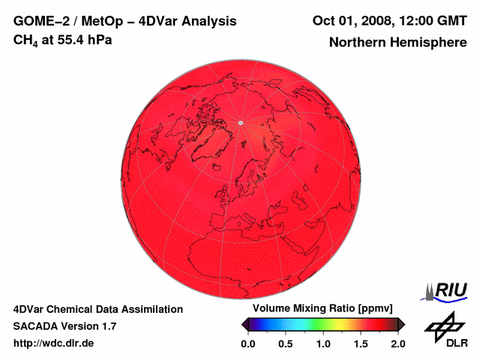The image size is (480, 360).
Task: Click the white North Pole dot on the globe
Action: (241, 122)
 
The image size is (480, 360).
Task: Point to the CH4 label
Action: (25, 40)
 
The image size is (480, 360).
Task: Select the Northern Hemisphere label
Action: (397, 43)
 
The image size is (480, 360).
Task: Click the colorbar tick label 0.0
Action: (248, 343)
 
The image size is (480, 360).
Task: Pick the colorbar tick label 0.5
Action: (286, 343)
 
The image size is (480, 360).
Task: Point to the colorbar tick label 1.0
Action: (323, 343)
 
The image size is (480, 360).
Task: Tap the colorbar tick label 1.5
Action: (361, 343)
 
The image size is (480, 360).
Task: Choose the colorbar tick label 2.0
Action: (397, 343)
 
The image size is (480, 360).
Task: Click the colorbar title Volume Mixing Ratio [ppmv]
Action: (322, 309)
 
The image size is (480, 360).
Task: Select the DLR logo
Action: (445, 329)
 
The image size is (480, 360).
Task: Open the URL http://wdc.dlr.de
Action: (53, 343)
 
